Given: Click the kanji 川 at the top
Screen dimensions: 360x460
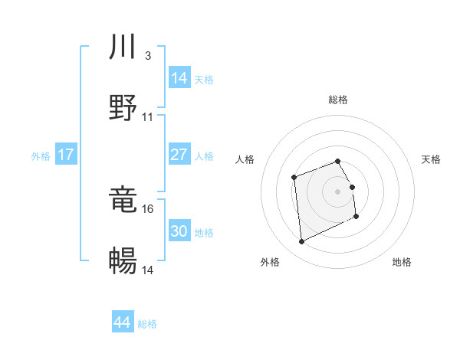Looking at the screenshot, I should pyautogui.click(x=123, y=48).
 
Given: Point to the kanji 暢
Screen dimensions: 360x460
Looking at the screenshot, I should pyautogui.click(x=123, y=261).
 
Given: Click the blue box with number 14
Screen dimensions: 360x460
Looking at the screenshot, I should pyautogui.click(x=179, y=77).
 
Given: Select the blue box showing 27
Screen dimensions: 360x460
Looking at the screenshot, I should pyautogui.click(x=179, y=155).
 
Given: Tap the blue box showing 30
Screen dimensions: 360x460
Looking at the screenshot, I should pyautogui.click(x=179, y=231).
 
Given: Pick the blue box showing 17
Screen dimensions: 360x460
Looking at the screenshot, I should pyautogui.click(x=66, y=155).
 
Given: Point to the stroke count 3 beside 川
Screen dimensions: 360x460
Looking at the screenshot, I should pyautogui.click(x=147, y=55).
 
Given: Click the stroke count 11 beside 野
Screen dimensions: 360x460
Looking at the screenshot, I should pyautogui.click(x=148, y=116).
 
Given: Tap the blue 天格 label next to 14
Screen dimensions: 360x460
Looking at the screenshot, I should pyautogui.click(x=204, y=79).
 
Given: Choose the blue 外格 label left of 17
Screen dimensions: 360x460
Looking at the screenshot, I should pyautogui.click(x=41, y=156).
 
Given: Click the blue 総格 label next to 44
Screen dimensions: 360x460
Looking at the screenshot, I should pyautogui.click(x=147, y=324).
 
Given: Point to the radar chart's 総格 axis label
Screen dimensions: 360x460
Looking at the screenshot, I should pyautogui.click(x=338, y=100).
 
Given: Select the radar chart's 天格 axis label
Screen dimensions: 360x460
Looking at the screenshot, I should pyautogui.click(x=431, y=159).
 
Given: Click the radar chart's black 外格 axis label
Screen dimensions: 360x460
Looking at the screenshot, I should pyautogui.click(x=270, y=262).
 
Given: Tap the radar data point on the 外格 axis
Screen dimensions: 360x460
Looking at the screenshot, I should pyautogui.click(x=302, y=242).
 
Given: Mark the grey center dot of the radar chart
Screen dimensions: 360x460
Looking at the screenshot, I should pyautogui.click(x=338, y=191).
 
